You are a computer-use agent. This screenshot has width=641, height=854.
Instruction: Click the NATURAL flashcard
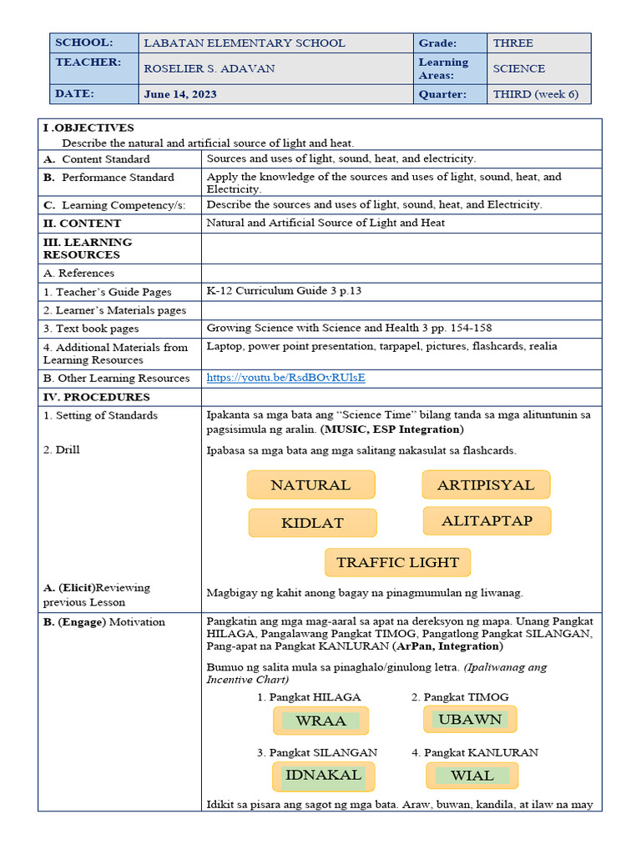coord(310,485)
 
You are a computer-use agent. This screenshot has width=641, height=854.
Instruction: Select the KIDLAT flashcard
coord(312,523)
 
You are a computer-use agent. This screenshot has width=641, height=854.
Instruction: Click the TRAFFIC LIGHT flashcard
coord(397,562)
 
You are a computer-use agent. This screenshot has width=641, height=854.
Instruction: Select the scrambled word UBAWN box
coord(470,719)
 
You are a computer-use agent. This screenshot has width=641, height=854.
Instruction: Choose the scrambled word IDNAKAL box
coord(323,775)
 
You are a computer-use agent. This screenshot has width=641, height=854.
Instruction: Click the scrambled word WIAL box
coord(472,776)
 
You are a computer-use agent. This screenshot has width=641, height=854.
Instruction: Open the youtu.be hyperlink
coord(285,378)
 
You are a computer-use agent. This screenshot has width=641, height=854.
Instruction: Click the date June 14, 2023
coord(179,94)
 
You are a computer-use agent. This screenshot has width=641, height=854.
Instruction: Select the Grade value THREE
coord(512,43)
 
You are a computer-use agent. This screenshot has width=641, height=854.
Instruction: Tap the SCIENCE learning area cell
coord(518,69)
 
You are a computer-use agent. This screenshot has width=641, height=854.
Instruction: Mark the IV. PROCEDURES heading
coord(96,397)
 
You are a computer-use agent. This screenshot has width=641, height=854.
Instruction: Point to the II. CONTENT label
coord(82,224)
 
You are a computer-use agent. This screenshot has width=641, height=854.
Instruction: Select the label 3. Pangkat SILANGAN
coord(317,752)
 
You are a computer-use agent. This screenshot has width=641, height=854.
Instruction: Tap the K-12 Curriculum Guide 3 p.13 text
coord(284,291)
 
